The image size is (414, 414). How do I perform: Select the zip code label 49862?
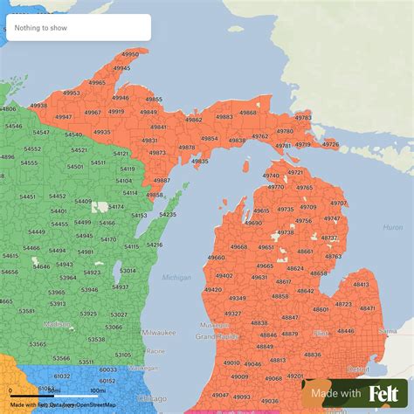pos(193,120)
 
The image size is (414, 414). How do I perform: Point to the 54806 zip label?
pos(8,109)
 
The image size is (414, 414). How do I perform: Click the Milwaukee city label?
pos(158,333)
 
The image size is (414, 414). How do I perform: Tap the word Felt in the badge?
pos(384,394)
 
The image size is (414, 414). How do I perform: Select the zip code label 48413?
pos(360,284)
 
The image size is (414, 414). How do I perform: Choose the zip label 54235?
pos(168,214)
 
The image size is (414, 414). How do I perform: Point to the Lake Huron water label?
pos(392,227)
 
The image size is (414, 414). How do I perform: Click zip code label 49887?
pos(162,181)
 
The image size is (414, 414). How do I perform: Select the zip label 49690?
pos(253,224)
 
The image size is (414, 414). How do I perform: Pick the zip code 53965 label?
pos(56,292)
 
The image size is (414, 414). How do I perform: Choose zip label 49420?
pos(212,289)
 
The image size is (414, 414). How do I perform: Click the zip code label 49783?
pos(303,116)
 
